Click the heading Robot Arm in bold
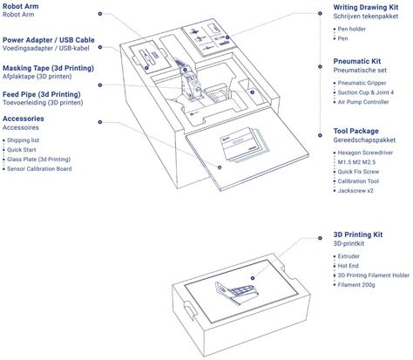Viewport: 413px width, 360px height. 20,6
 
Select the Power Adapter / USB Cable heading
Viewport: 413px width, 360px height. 49,40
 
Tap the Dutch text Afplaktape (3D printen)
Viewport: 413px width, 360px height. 37,77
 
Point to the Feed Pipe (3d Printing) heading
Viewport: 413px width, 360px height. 42,94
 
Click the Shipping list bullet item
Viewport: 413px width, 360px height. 23,140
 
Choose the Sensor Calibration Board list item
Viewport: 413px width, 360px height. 39,169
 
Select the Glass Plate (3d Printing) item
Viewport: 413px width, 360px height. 38,160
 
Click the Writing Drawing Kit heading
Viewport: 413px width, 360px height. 366,7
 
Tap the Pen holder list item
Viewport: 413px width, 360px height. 351,29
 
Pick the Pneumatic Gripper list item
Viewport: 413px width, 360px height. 362,83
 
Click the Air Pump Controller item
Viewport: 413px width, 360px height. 363,102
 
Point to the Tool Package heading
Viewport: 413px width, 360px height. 355,131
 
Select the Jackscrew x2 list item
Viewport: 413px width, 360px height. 355,191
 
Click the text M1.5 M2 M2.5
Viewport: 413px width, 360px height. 356,162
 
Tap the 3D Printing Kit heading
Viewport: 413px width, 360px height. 358,234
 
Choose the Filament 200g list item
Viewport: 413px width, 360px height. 356,285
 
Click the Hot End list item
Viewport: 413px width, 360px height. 348,266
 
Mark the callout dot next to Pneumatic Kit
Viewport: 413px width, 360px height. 320,67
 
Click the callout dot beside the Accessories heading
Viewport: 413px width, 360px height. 100,122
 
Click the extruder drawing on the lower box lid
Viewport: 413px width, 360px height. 236,293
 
